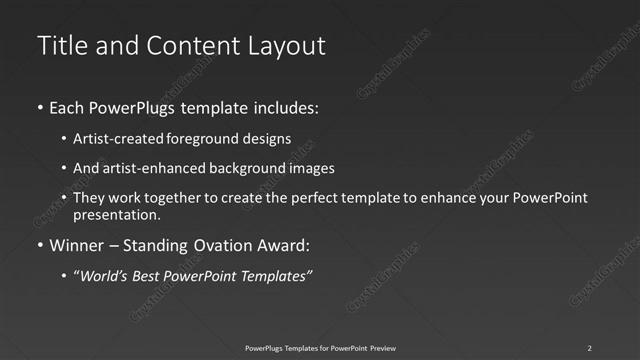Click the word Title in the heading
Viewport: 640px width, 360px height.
(60, 46)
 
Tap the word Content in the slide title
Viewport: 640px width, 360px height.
(190, 46)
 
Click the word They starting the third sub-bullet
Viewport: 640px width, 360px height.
(88, 198)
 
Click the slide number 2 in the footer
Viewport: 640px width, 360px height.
(589, 347)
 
